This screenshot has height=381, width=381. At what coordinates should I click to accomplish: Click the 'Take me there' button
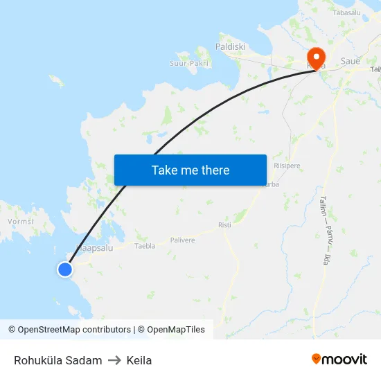click(x=190, y=170)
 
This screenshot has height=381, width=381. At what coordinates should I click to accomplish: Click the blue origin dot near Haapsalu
click(x=64, y=269)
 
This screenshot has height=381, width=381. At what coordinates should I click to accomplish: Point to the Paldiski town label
click(x=230, y=46)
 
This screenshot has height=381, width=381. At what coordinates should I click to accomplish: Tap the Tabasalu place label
click(x=347, y=12)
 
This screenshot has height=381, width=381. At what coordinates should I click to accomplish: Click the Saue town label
click(x=351, y=61)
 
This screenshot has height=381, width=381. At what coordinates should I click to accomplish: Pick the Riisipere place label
click(x=287, y=166)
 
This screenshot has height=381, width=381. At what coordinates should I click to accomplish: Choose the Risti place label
click(x=224, y=225)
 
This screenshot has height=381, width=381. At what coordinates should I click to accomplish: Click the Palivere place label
click(x=182, y=240)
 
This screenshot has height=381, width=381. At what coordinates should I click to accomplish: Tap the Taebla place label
click(x=145, y=246)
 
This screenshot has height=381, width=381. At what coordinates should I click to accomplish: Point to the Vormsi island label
click(x=20, y=222)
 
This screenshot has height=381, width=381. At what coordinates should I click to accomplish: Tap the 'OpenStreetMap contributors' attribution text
click(x=74, y=330)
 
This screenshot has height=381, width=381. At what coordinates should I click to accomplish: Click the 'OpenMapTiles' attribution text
click(x=176, y=330)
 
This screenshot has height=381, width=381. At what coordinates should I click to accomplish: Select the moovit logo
click(x=339, y=359)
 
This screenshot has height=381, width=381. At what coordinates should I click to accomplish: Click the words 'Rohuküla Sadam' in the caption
click(x=58, y=360)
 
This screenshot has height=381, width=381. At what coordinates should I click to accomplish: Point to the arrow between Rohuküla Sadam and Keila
click(x=114, y=360)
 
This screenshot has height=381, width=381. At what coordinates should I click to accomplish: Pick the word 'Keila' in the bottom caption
click(x=139, y=360)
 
